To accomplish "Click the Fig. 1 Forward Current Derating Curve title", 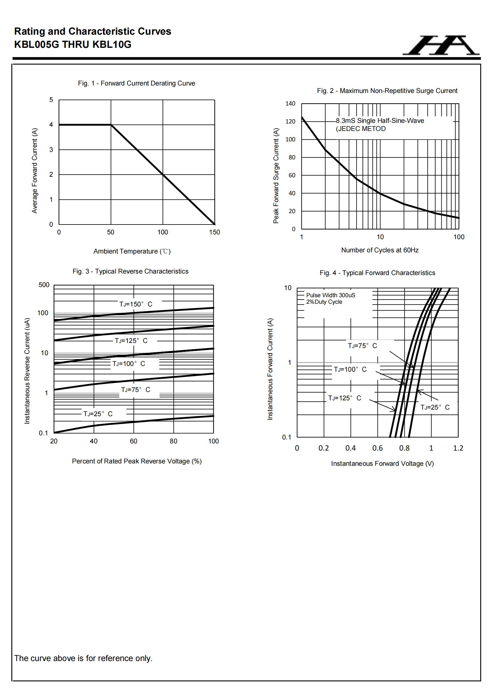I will [x=136, y=83].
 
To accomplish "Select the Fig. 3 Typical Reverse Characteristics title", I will [x=130, y=271].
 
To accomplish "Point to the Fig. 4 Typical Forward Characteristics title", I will [x=377, y=273].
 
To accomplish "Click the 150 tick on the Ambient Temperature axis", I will [x=214, y=232].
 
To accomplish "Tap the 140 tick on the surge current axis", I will [x=290, y=103].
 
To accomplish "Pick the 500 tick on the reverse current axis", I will [x=44, y=285].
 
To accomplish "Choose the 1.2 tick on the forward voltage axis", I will [x=458, y=448].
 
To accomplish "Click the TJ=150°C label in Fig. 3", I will [x=136, y=304].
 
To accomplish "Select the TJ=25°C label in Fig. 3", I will [x=98, y=414].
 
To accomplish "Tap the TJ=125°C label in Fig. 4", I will [x=345, y=398].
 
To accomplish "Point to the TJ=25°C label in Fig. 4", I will [x=435, y=407].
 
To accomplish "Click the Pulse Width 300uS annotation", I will [x=330, y=295].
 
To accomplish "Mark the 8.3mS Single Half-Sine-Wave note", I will [x=380, y=121].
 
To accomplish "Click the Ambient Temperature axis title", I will [x=132, y=251].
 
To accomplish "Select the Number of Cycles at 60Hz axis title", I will [x=380, y=250].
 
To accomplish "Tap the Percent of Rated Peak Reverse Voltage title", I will [x=137, y=461].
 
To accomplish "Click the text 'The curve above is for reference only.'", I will [x=83, y=658].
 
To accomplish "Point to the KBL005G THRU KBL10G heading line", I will [x=73, y=45].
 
